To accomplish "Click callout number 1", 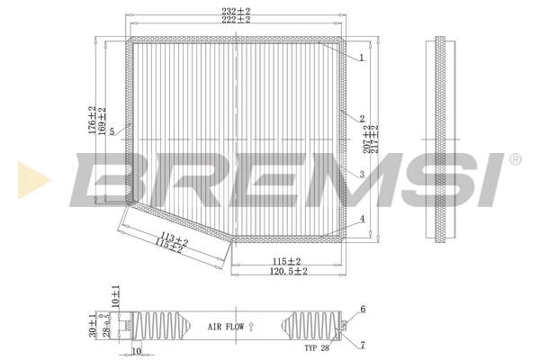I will coord(360,58).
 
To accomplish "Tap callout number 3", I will coord(360,175).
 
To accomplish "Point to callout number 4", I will coord(360,219).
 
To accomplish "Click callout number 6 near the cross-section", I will coord(363,309).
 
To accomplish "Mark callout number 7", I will coord(363,345).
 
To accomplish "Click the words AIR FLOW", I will coord(226,327).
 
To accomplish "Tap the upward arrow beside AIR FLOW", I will coord(253,326).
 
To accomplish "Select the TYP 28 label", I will coord(317,346).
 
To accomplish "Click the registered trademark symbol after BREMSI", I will coord(515,159).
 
